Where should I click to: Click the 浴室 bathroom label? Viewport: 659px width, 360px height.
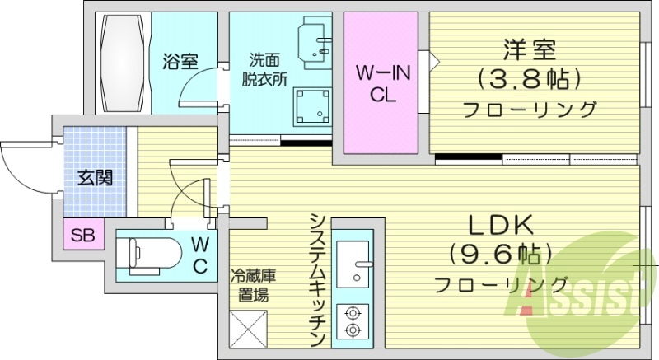tap(179, 61)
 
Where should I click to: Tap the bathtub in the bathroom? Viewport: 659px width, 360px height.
tap(125, 63)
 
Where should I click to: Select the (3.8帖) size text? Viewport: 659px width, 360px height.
tap(530, 80)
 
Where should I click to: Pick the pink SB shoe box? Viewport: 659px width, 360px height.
tap(82, 236)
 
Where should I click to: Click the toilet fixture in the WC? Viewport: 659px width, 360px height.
tap(147, 254)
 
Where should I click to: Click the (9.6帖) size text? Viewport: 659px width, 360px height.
tap(501, 255)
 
